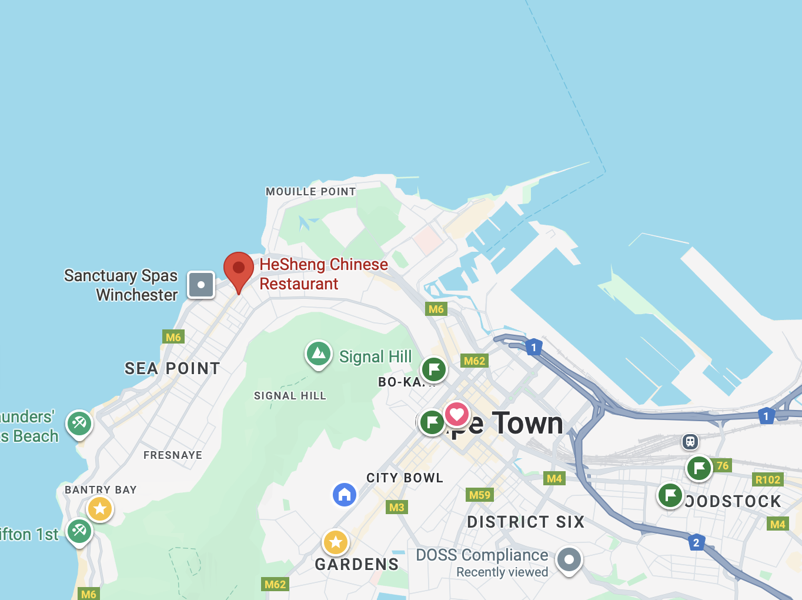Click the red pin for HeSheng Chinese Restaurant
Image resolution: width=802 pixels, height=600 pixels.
(x=239, y=269)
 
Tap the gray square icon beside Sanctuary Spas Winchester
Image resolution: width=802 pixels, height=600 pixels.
(x=201, y=285)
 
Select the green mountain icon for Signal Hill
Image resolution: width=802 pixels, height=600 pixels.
(x=319, y=354)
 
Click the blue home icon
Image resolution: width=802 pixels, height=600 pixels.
(x=345, y=494)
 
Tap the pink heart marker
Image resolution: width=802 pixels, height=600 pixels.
(x=457, y=414)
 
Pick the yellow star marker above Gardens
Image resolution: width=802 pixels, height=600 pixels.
(x=336, y=542)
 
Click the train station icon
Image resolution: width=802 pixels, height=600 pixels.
(x=690, y=441)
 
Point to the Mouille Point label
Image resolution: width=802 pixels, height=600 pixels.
(x=310, y=192)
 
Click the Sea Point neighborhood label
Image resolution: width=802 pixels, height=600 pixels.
(x=172, y=368)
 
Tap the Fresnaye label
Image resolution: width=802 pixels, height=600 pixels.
(x=173, y=455)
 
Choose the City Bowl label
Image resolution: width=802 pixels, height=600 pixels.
(x=405, y=478)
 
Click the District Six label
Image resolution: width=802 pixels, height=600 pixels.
(x=526, y=522)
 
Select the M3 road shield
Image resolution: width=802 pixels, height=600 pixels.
(x=397, y=507)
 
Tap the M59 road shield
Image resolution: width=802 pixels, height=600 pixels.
(x=480, y=495)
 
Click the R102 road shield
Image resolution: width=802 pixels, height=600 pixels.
(x=768, y=479)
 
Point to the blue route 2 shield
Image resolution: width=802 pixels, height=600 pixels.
(x=696, y=542)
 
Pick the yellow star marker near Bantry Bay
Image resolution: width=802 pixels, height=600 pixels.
(x=100, y=508)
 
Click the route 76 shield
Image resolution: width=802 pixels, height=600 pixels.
(x=723, y=465)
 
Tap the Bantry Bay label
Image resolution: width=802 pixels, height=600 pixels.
(x=101, y=490)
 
